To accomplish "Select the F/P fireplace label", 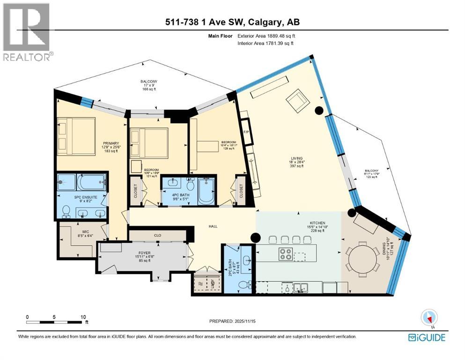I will [245, 133].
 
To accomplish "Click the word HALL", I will [213, 226].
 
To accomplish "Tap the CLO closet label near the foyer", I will [157, 235].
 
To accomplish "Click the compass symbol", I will [429, 318].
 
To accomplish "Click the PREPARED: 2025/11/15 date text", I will [233, 321].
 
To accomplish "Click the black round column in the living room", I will [319, 111].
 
